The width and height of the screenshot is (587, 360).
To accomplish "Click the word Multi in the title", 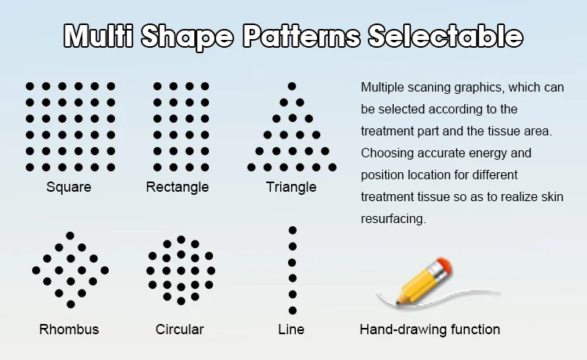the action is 99,35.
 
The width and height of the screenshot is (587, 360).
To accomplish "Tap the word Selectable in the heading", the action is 445,35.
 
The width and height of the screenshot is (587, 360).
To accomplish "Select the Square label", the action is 69,187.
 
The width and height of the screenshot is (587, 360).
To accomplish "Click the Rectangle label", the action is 178,187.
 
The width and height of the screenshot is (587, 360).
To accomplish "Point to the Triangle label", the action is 291,187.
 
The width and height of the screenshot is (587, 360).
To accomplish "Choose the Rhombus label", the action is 69,329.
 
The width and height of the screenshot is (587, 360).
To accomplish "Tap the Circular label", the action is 180,329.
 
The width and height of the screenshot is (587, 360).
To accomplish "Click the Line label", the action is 291,329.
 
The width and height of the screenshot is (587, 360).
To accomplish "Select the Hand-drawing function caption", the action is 430,329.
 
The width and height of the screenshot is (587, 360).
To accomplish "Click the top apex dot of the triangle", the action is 292,86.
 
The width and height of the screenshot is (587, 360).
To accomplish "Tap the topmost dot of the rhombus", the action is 70,236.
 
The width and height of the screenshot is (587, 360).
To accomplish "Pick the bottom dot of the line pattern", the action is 293,310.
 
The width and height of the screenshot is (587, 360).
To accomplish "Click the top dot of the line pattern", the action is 293,230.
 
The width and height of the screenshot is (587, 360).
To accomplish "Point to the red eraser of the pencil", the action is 444,265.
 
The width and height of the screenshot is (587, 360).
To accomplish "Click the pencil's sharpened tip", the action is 398,301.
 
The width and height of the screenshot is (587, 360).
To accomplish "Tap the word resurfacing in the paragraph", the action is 393,219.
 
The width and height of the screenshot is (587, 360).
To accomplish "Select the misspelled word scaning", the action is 429,88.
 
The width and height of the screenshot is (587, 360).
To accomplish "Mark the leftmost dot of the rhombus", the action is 36,270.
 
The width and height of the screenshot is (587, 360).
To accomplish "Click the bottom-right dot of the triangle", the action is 333,167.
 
